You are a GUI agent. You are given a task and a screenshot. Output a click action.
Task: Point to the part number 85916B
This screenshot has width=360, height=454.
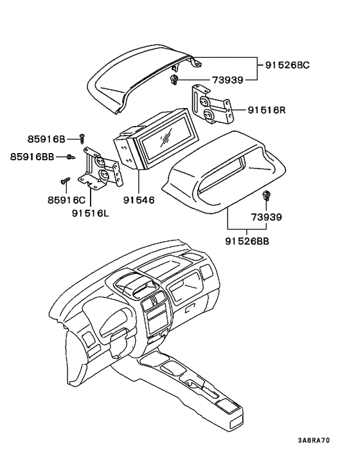pyautogui.click(x=46, y=138)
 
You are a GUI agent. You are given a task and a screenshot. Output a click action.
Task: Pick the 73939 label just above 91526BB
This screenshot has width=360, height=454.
pyautogui.click(x=266, y=217)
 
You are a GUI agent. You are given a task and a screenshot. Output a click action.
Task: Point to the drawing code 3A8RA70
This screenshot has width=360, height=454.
pyautogui.click(x=314, y=441)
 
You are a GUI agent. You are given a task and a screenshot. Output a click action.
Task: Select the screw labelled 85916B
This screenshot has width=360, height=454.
pyautogui.click(x=82, y=138)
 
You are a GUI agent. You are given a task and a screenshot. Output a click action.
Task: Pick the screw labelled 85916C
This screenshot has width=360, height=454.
pyautogui.click(x=66, y=181)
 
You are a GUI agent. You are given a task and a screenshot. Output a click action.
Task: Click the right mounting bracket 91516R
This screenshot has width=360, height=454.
pyautogui.click(x=210, y=106)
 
